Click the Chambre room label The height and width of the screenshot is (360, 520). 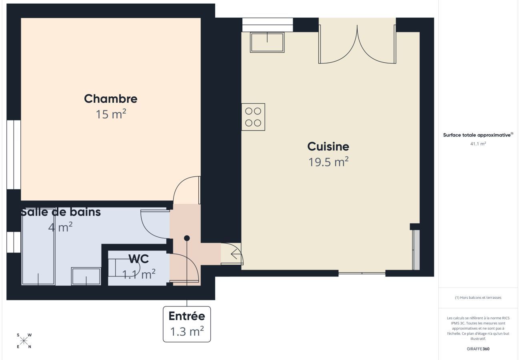[110, 98]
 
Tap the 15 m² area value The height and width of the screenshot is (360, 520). [110, 114]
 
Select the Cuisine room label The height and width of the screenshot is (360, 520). [328, 146]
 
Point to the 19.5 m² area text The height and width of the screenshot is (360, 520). [328, 162]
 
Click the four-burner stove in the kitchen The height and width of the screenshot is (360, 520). [253, 117]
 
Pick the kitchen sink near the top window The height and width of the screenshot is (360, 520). [267, 42]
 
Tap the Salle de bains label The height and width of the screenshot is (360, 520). [61, 212]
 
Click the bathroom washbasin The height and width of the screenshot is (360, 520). [86, 276]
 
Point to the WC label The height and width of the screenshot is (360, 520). [138, 259]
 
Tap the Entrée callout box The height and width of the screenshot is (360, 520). [187, 324]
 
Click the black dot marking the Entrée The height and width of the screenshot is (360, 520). [187, 238]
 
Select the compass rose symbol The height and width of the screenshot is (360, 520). [24, 341]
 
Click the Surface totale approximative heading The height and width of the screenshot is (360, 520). [478, 135]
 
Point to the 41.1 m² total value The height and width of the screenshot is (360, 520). [478, 144]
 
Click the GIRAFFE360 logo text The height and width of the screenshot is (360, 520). [478, 349]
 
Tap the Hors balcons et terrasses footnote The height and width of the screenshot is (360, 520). [478, 298]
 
